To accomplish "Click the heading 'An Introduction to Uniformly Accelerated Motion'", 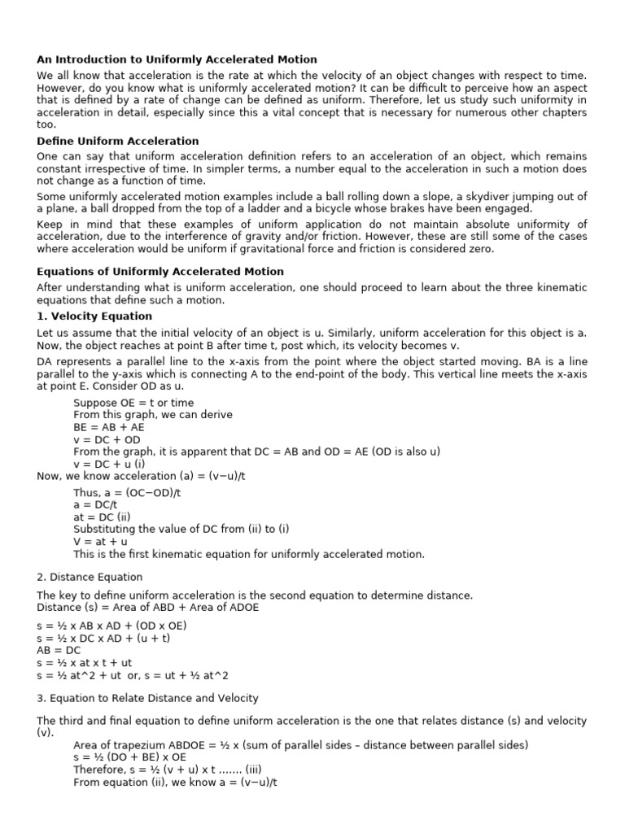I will [x=177, y=59].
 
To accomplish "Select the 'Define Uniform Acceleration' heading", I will [x=118, y=141].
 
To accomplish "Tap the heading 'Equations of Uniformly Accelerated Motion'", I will [x=160, y=272].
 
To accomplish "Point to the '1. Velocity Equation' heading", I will [x=94, y=316].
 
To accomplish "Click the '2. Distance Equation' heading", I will [x=90, y=577].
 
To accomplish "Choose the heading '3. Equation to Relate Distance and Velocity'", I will [x=147, y=698].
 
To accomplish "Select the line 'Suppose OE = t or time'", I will [x=133, y=403].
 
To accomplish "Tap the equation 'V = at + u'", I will [x=100, y=541].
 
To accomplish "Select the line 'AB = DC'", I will [x=60, y=651].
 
